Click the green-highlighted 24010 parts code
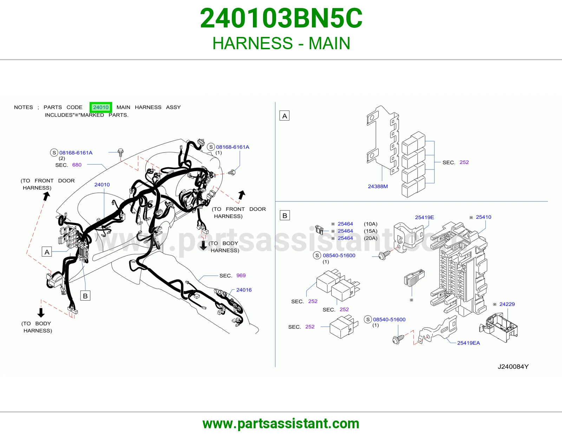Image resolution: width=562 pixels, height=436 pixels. coord(100,107)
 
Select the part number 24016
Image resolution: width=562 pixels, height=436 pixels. coord(244,290)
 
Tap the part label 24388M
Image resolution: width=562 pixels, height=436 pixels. coord(378,186)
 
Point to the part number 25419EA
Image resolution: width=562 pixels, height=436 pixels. coord(468,343)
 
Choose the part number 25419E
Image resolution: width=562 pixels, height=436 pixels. coord(424,217)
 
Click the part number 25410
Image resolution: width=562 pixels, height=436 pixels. coord(483,217)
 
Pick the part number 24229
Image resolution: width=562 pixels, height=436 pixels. coord(507,304)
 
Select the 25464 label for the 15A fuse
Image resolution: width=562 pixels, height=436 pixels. coord(345,231)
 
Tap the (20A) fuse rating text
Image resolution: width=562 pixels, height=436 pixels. coord(370,238)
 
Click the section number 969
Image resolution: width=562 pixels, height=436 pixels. coord(241,275)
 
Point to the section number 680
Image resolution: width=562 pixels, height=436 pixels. coord(77,165)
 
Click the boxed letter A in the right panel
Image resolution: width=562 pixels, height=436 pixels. coord(284,116)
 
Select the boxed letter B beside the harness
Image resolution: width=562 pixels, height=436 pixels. coord(85,296)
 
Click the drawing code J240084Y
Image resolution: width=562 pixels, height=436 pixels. coord(513,366)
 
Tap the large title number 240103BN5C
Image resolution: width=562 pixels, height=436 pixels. coord(281,18)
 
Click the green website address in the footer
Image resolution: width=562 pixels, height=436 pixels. coord(281,424)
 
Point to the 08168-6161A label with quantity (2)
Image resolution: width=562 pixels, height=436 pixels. coord(76,153)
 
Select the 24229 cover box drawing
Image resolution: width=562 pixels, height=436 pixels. coord(498,327)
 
